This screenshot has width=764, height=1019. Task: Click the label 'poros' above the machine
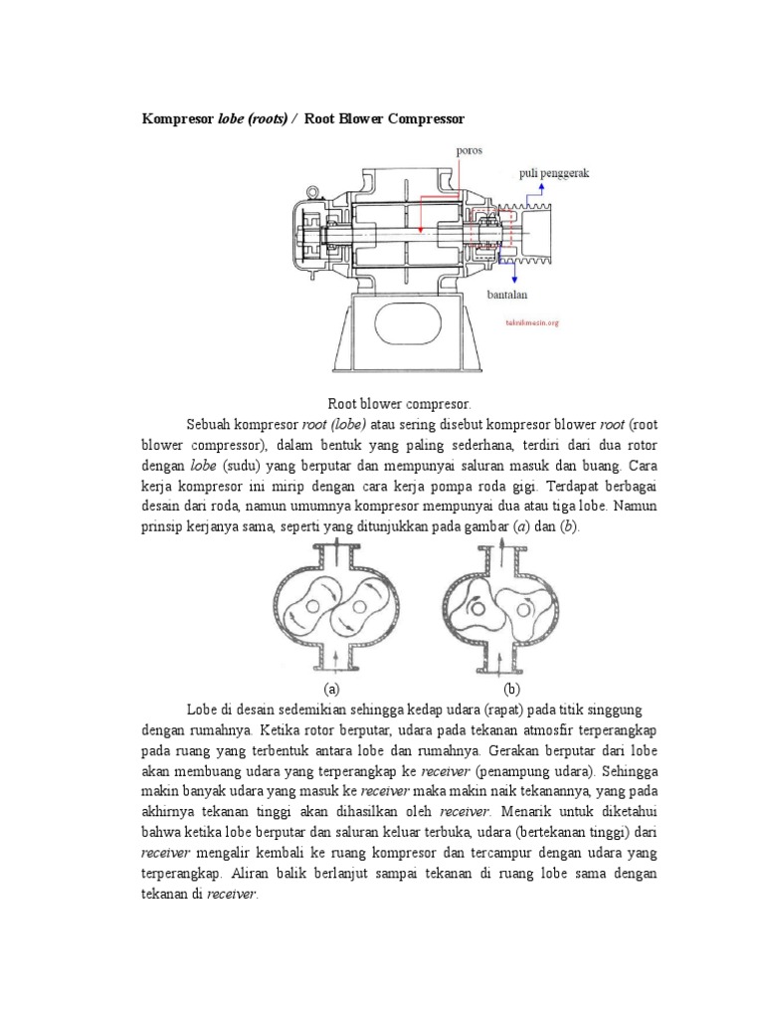tap(442, 151)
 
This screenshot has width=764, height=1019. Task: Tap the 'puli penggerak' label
tap(554, 172)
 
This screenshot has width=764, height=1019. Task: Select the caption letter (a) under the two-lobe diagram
tap(332, 689)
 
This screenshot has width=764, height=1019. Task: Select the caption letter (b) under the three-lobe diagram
tap(512, 689)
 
